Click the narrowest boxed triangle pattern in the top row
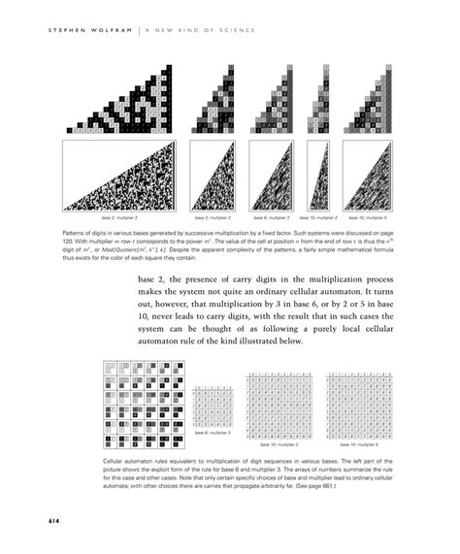click(319, 178)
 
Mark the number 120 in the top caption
click(71, 244)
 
